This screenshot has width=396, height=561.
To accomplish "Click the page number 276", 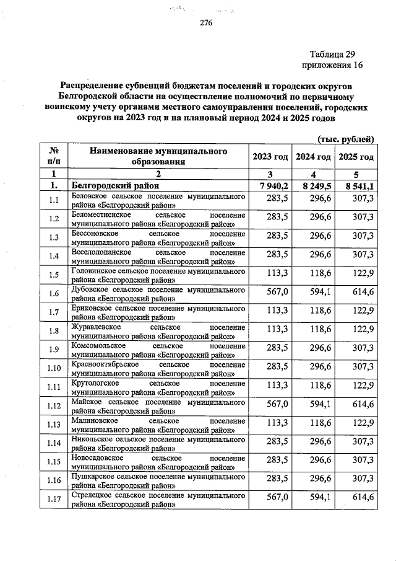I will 206,24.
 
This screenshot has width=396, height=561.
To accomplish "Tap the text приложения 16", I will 332,65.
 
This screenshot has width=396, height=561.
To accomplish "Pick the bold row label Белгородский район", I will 115,185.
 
